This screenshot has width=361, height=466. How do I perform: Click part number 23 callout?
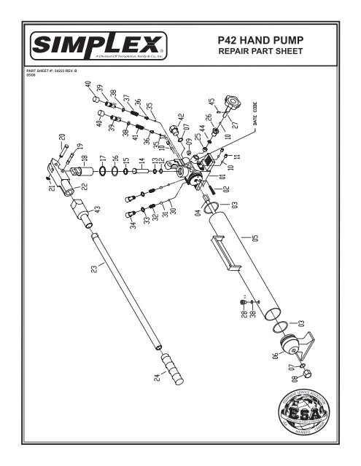(93, 269)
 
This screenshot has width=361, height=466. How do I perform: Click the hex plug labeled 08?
(306, 374)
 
